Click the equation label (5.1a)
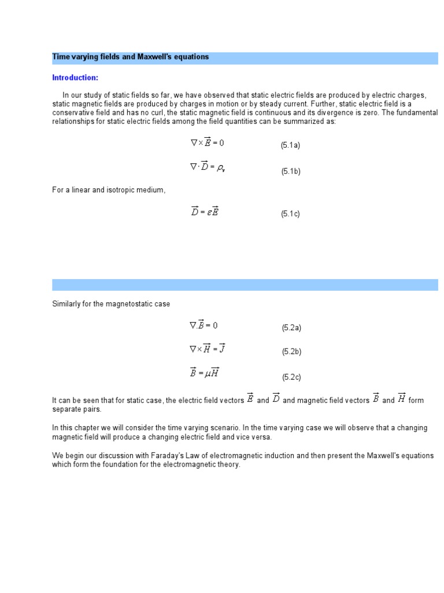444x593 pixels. tap(290, 145)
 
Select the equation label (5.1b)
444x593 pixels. tap(291, 171)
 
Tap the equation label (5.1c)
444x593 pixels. tap(290, 214)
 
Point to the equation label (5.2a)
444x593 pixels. tap(291, 328)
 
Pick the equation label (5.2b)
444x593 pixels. tap(291, 352)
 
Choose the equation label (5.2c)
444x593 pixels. tap(291, 377)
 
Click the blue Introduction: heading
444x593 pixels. tap(75, 78)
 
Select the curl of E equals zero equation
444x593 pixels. tap(207, 142)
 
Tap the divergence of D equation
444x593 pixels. tap(207, 167)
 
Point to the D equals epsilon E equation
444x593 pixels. tap(205, 211)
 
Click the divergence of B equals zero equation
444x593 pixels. tap(203, 325)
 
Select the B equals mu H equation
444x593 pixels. tap(205, 374)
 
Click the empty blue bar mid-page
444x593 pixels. tap(245, 285)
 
